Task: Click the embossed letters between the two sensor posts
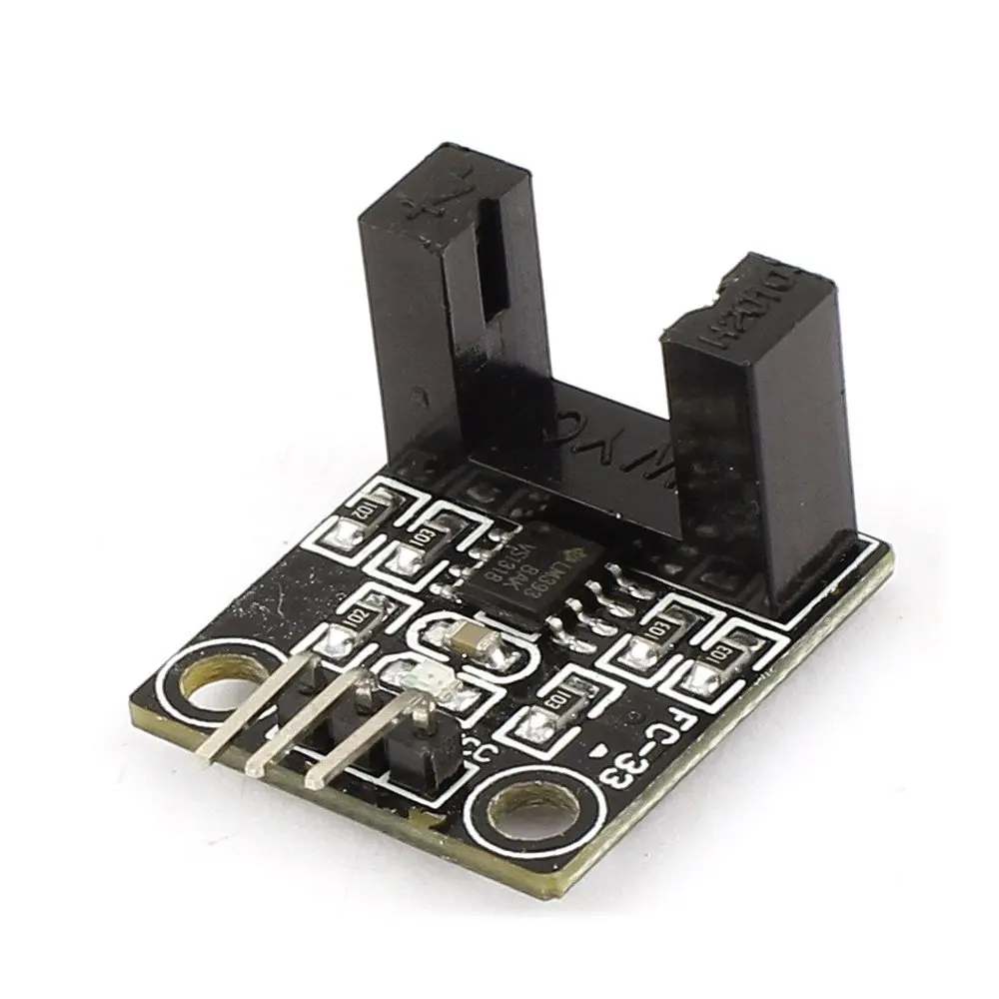(589, 440)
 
